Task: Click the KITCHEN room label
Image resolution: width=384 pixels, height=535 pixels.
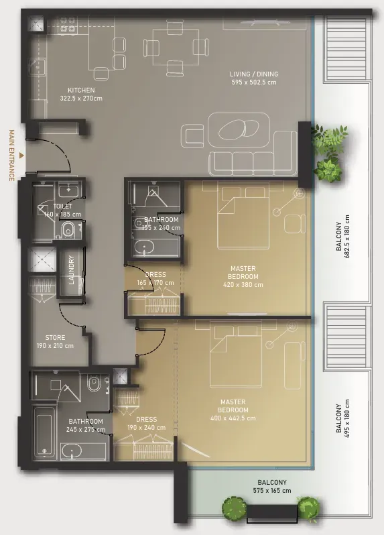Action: point(81,90)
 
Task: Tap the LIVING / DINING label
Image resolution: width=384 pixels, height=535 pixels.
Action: point(254,74)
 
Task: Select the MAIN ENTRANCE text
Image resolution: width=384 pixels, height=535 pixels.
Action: point(11,156)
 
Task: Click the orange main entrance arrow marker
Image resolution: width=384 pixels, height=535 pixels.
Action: point(21,156)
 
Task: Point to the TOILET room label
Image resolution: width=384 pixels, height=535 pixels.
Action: point(63,206)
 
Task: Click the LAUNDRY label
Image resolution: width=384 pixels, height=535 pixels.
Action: point(71,270)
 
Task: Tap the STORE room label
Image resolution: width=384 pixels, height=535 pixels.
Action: point(55,337)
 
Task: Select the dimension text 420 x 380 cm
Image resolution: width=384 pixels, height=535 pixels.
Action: point(243,284)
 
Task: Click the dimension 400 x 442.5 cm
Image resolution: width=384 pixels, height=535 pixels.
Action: point(233,418)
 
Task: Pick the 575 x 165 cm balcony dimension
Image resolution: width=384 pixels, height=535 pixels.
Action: point(272,491)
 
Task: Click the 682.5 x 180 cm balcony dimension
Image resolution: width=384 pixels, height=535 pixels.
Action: point(348,237)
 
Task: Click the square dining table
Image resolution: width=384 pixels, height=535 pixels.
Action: point(176,47)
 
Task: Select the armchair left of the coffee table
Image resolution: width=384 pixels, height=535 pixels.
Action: point(193,137)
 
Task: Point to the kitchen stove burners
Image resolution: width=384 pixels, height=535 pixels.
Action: point(68,25)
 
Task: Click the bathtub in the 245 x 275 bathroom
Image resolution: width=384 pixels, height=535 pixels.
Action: point(44,431)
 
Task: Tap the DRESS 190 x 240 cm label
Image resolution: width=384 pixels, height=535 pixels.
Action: point(147,424)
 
